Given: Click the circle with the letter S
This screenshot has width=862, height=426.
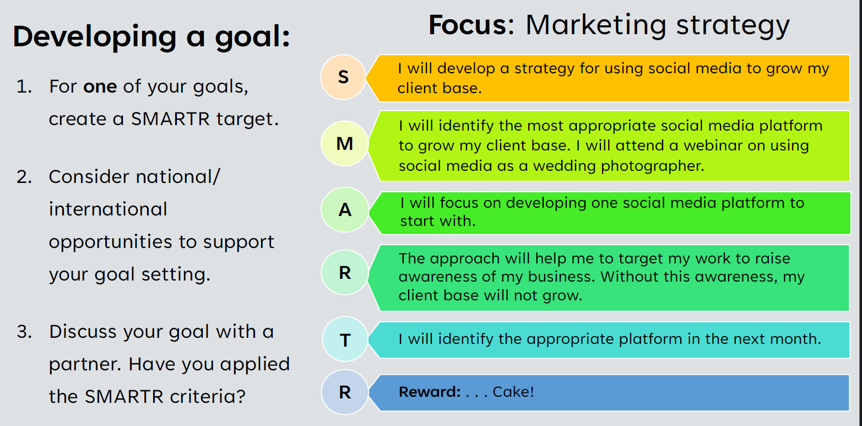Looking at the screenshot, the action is coord(343,77).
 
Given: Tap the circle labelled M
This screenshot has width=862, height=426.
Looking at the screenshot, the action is coord(345,143).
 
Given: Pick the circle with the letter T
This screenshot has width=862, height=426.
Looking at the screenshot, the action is coord(345,339).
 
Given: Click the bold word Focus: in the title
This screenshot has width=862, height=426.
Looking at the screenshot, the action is coord(471,25).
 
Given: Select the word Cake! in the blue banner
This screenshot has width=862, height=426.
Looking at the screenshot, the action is coord(513,392).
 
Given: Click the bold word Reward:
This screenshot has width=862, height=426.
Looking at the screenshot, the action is coord(430,392).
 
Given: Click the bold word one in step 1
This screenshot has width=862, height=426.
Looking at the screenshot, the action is coord(100,87).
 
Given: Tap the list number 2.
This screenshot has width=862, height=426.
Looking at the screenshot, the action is coord(24,177).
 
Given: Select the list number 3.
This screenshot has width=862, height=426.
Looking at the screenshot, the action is coord(24,332).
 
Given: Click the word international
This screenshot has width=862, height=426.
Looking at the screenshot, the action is coord(108,209).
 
